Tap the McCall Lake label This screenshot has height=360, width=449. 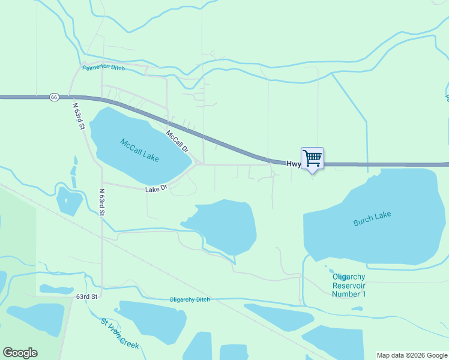(139, 150)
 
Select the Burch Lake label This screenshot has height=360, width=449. (372, 218)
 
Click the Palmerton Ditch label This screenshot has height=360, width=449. (104, 68)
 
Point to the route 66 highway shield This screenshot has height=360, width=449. (54, 97)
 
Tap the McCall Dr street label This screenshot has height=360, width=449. (177, 141)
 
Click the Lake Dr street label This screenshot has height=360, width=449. (155, 188)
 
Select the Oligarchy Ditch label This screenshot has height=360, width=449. (190, 299)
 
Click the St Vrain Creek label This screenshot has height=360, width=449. (120, 333)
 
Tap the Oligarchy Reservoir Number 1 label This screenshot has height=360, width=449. (349, 285)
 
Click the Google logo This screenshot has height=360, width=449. (20, 353)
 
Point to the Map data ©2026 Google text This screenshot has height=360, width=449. (412, 355)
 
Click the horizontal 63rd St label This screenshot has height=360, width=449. (86, 296)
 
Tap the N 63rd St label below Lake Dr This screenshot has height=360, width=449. (102, 202)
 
